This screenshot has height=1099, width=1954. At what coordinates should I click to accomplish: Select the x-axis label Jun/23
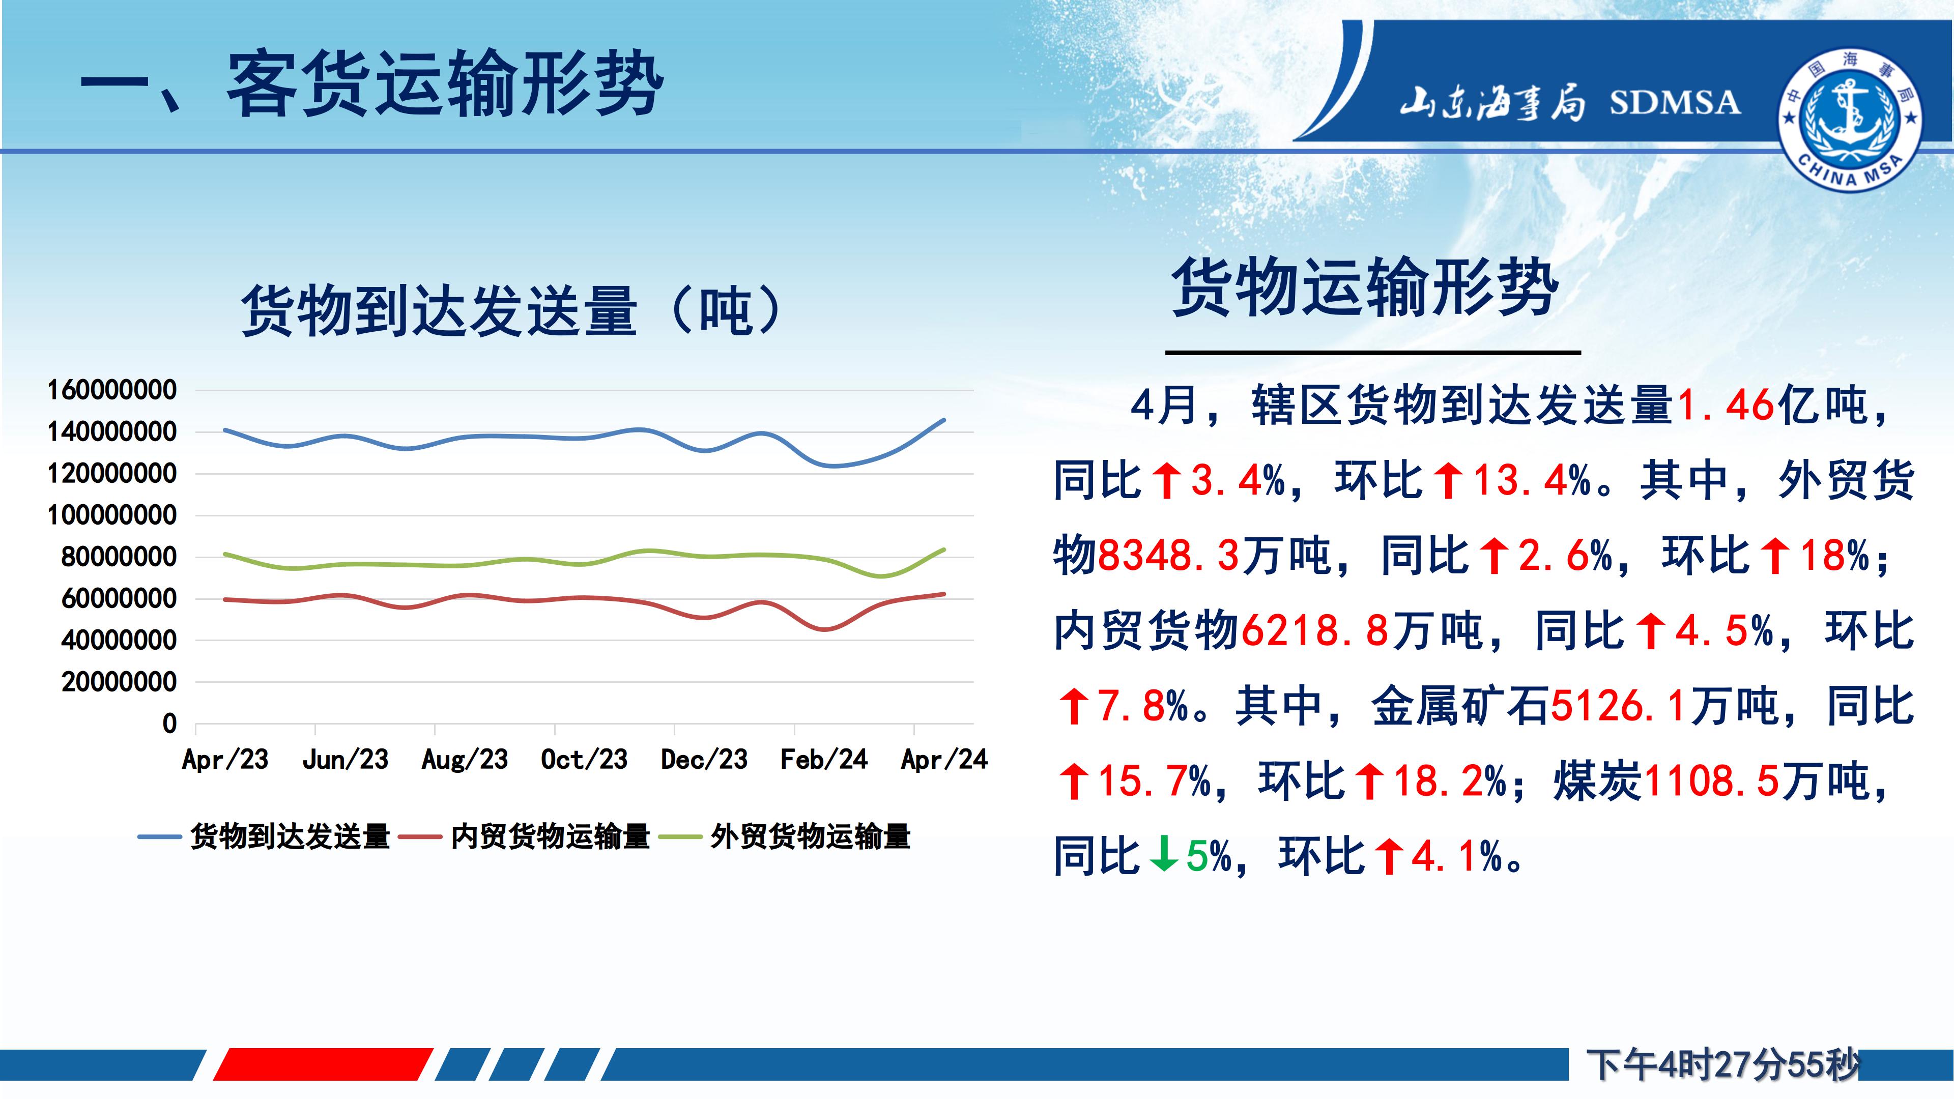(345, 759)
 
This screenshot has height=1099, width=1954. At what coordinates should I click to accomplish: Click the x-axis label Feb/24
(824, 759)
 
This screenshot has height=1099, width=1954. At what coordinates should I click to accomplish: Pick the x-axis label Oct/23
(584, 759)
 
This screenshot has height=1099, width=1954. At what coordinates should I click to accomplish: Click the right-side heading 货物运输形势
(1365, 286)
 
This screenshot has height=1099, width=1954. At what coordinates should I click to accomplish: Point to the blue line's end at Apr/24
(944, 419)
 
